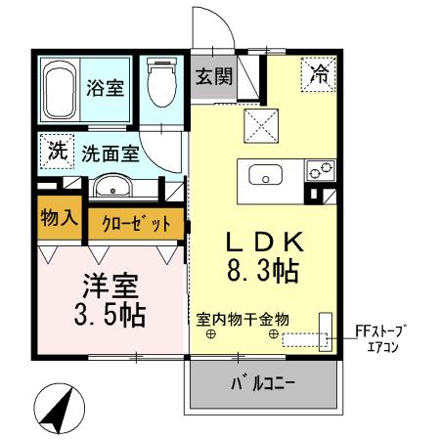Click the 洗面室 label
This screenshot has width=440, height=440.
click(109, 153)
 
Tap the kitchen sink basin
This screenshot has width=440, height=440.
click(266, 176)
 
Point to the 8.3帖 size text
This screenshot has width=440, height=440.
click(264, 271)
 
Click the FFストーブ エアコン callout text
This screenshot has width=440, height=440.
click(382, 338)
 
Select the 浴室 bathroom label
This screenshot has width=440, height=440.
click(105, 86)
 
